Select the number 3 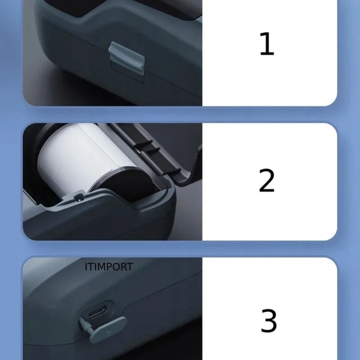[x=269, y=320]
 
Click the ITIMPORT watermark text [x=109, y=267]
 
